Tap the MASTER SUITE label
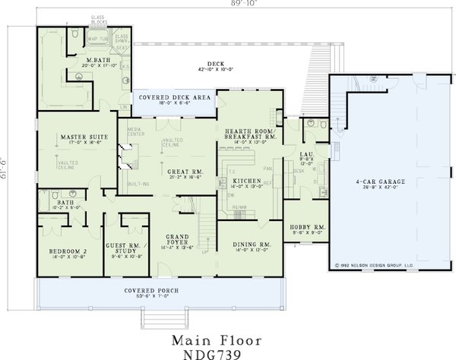[83, 137]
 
